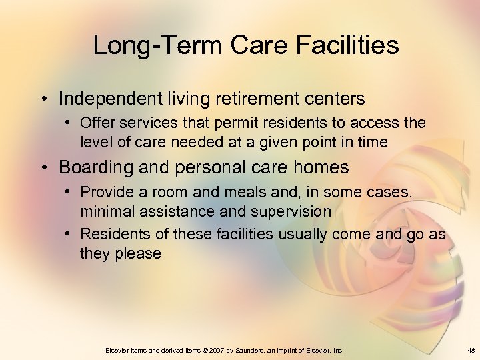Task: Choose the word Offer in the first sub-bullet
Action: pyautogui.click(x=95, y=123)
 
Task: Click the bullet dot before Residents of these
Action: pyautogui.click(x=69, y=235)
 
